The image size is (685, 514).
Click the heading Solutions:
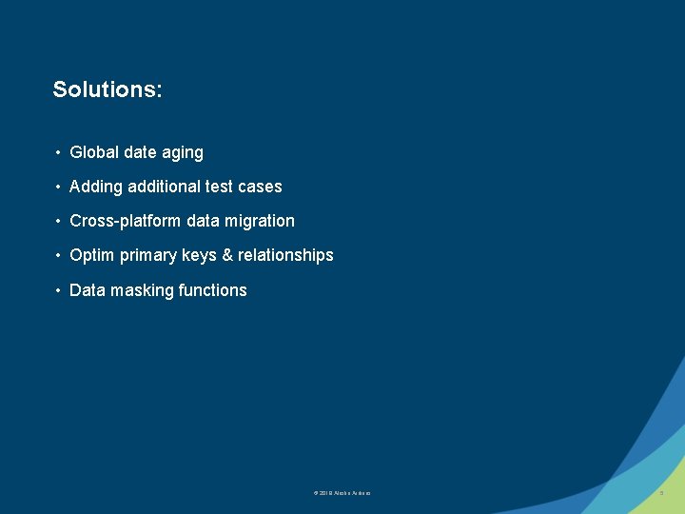click(x=108, y=89)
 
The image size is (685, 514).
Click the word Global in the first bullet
click(x=93, y=152)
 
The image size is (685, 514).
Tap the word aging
click(x=184, y=152)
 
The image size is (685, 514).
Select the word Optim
click(x=92, y=255)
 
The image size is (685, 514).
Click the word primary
click(x=147, y=255)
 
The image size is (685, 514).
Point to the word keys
click(x=198, y=255)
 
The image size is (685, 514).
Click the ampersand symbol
click(x=227, y=255)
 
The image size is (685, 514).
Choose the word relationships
click(x=285, y=255)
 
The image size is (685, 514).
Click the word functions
click(x=212, y=290)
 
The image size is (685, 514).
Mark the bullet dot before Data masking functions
click(x=59, y=290)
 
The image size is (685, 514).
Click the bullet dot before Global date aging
click(x=59, y=152)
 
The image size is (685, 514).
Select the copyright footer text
click(x=342, y=493)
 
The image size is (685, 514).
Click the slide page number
click(x=661, y=493)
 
